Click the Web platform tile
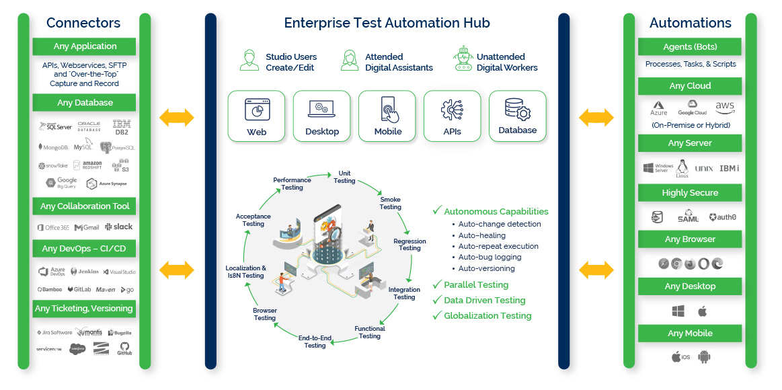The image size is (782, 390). pyautogui.click(x=257, y=116)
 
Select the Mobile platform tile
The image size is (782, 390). pyautogui.click(x=387, y=116)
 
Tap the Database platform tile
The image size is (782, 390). pyautogui.click(x=517, y=116)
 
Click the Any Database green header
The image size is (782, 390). pyautogui.click(x=85, y=103)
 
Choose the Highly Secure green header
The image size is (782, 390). pyautogui.click(x=689, y=193)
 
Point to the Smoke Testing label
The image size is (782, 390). pyautogui.click(x=390, y=203)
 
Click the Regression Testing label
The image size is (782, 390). pyautogui.click(x=409, y=244)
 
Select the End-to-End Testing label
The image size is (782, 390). pyautogui.click(x=315, y=341)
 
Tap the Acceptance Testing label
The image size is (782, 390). pyautogui.click(x=253, y=220)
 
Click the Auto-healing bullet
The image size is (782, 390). pyautogui.click(x=481, y=235)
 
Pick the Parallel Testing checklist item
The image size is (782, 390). pyautogui.click(x=475, y=284)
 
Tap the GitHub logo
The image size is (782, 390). pyautogui.click(x=124, y=348)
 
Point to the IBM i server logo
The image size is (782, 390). pyautogui.click(x=729, y=168)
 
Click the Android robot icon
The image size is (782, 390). pyautogui.click(x=704, y=356)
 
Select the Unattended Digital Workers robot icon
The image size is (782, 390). pyautogui.click(x=463, y=59)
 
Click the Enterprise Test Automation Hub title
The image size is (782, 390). pyautogui.click(x=387, y=23)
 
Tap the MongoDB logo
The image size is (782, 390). pyautogui.click(x=52, y=147)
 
